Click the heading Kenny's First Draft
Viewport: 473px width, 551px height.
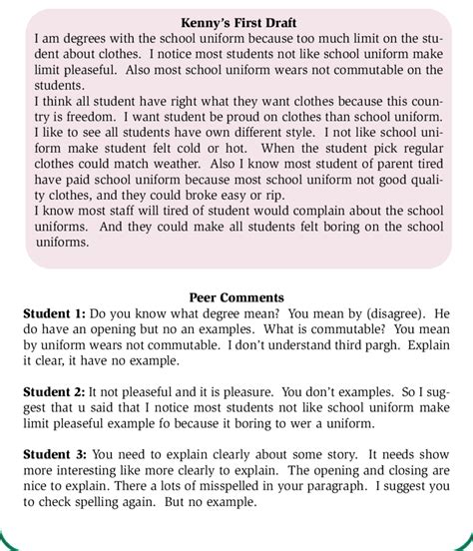point(236,21)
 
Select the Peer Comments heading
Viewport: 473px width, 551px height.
point(236,297)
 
